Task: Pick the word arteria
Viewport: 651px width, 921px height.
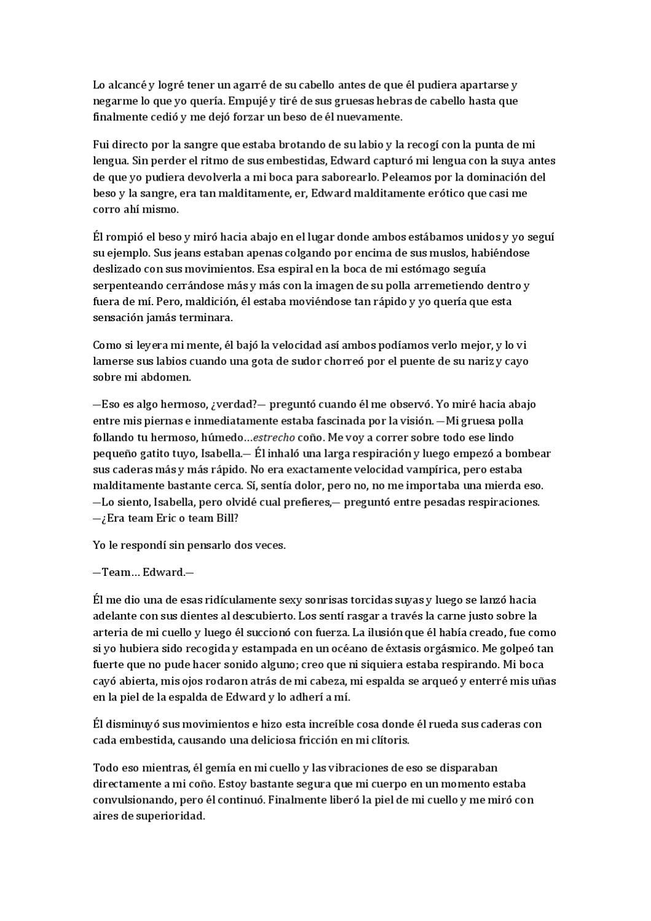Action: pos(110,632)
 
